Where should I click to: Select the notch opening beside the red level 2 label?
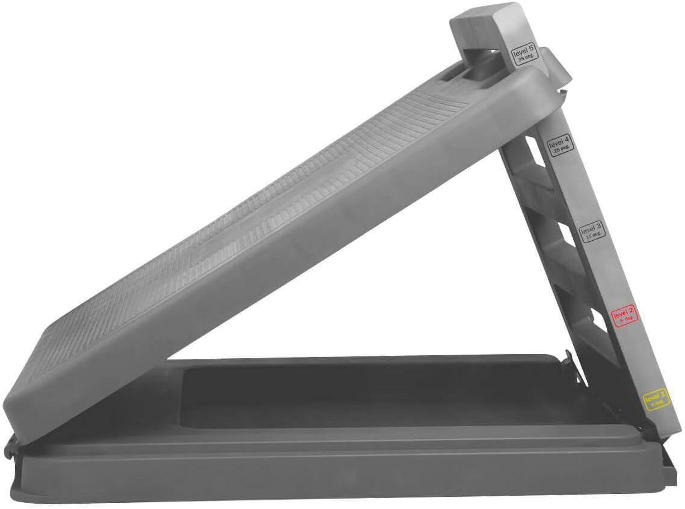[595, 330]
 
